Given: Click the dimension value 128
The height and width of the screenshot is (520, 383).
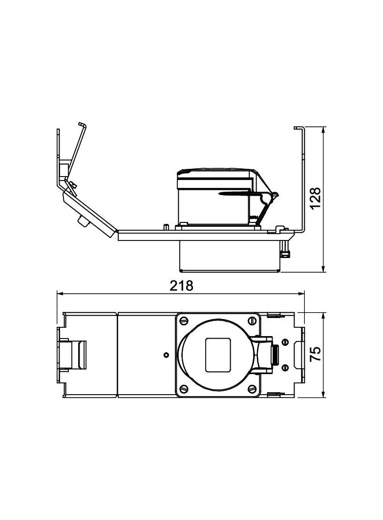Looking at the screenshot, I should [x=316, y=199].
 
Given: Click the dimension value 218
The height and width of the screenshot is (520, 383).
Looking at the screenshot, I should [x=181, y=285].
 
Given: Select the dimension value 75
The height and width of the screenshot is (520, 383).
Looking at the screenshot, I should [x=316, y=353].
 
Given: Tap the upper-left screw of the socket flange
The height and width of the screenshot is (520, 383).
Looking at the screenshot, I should [x=184, y=321].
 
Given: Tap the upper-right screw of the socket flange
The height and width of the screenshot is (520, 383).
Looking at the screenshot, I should [x=252, y=321].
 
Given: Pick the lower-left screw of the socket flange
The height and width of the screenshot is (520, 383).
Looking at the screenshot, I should [x=184, y=389].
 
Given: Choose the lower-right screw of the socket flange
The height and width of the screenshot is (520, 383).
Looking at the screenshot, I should [x=252, y=389].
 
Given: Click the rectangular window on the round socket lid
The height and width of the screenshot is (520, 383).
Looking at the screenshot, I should [x=218, y=355].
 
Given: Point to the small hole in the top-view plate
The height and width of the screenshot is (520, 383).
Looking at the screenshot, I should [x=166, y=355].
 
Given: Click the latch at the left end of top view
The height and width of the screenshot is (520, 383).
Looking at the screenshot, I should [x=73, y=355].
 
